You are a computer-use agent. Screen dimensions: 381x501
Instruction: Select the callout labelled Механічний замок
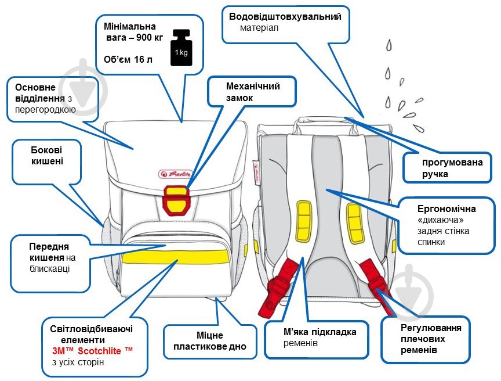pos(253,92)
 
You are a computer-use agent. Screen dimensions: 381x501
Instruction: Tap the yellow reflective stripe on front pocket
pos(174,255)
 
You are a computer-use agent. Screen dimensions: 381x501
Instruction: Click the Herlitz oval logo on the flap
pos(173,173)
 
